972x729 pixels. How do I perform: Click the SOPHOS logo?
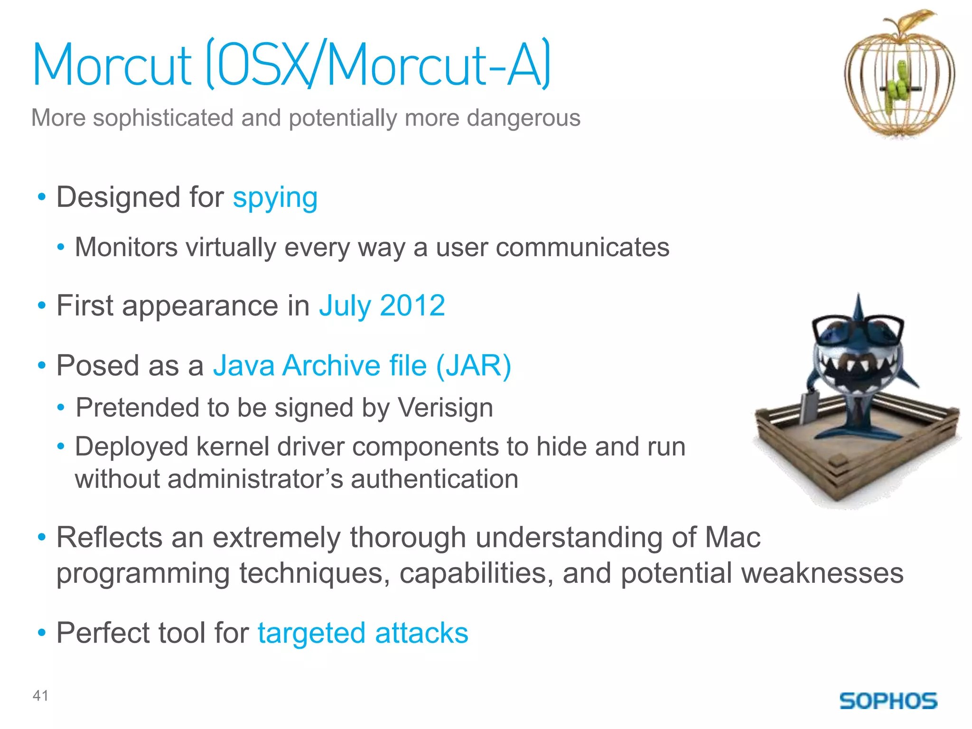coord(888,701)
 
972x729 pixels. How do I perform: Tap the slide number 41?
coord(40,696)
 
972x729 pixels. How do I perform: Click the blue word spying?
coord(275,197)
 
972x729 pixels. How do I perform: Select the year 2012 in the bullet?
coord(412,305)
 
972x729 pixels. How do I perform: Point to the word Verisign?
coord(445,408)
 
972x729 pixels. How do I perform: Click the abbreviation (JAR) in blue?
coord(473,365)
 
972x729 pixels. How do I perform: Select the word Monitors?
coord(126,247)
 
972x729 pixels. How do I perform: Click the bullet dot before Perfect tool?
coord(42,633)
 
